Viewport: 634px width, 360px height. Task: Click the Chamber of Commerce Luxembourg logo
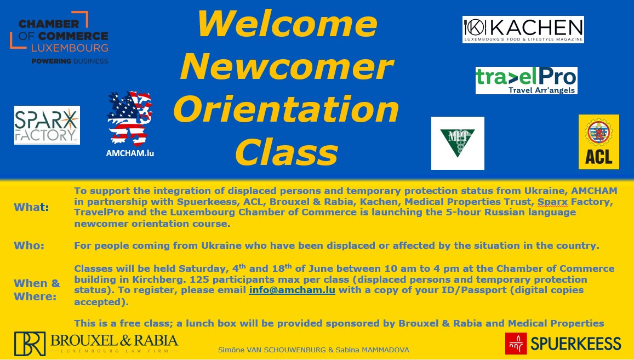(59, 38)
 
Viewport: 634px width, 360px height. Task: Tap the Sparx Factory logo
(47, 125)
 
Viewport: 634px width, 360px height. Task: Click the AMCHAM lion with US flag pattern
(130, 118)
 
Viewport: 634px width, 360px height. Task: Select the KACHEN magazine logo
(523, 30)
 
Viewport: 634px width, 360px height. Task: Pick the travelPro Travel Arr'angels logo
(527, 81)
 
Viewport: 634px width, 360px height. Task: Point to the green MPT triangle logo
(458, 143)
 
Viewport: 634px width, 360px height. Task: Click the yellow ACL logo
(599, 142)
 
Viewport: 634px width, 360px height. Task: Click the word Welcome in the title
(288, 24)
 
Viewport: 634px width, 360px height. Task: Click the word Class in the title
(287, 152)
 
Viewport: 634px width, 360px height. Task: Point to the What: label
(31, 207)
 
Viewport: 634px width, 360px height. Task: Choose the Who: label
(29, 245)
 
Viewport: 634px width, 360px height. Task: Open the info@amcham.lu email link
(292, 290)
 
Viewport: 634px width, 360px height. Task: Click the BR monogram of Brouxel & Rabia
(30, 344)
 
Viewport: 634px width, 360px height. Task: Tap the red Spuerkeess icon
(516, 344)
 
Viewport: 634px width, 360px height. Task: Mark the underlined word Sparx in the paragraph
(553, 202)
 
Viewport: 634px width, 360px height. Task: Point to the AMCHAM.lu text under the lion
(130, 153)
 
